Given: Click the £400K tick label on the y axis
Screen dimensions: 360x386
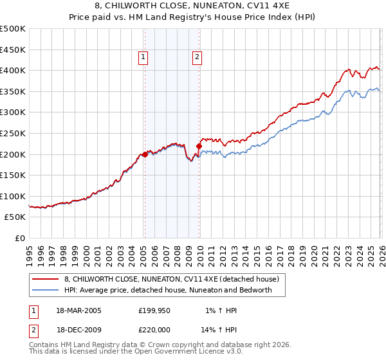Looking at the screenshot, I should point(12,71).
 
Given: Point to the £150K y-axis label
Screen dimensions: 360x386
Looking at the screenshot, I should point(12,175).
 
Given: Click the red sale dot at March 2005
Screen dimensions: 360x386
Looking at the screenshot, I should point(145,154).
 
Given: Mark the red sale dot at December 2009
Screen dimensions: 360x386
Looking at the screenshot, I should point(199,146).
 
